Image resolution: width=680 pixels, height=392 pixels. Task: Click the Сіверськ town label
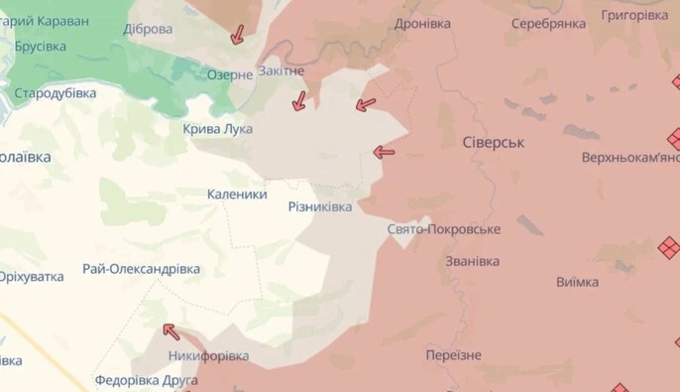(494, 143)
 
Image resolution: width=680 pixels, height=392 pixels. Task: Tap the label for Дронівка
(422, 23)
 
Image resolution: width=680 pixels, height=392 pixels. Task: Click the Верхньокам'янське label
(630, 158)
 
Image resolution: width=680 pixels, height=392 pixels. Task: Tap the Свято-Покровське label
(444, 229)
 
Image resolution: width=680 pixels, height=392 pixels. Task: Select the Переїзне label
(453, 355)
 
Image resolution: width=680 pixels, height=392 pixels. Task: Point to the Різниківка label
(319, 205)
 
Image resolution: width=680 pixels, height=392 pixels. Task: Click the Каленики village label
(237, 195)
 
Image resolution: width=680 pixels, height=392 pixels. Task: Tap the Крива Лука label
(218, 129)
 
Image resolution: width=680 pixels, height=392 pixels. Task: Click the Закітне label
(281, 71)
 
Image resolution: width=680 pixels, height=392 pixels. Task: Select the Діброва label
(148, 29)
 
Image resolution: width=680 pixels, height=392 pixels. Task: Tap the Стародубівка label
(56, 93)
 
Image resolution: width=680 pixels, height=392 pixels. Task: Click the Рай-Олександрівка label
(142, 269)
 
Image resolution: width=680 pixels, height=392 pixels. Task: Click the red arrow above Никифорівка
(171, 331)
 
